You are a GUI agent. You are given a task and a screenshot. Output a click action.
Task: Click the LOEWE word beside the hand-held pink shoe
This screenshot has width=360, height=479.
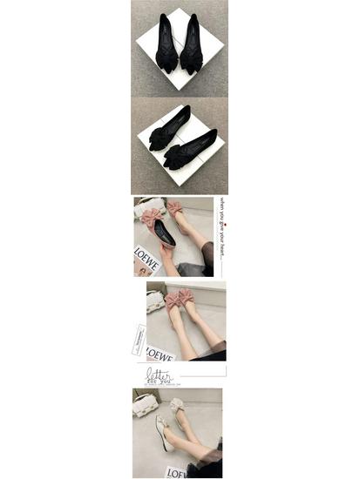(x=146, y=260)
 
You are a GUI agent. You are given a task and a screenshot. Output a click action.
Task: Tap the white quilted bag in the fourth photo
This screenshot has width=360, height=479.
(x=155, y=300)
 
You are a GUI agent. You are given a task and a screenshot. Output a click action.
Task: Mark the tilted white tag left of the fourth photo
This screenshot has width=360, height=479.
(x=138, y=339)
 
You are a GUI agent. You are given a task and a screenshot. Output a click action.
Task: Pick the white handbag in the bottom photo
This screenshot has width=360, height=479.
(x=145, y=403)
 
